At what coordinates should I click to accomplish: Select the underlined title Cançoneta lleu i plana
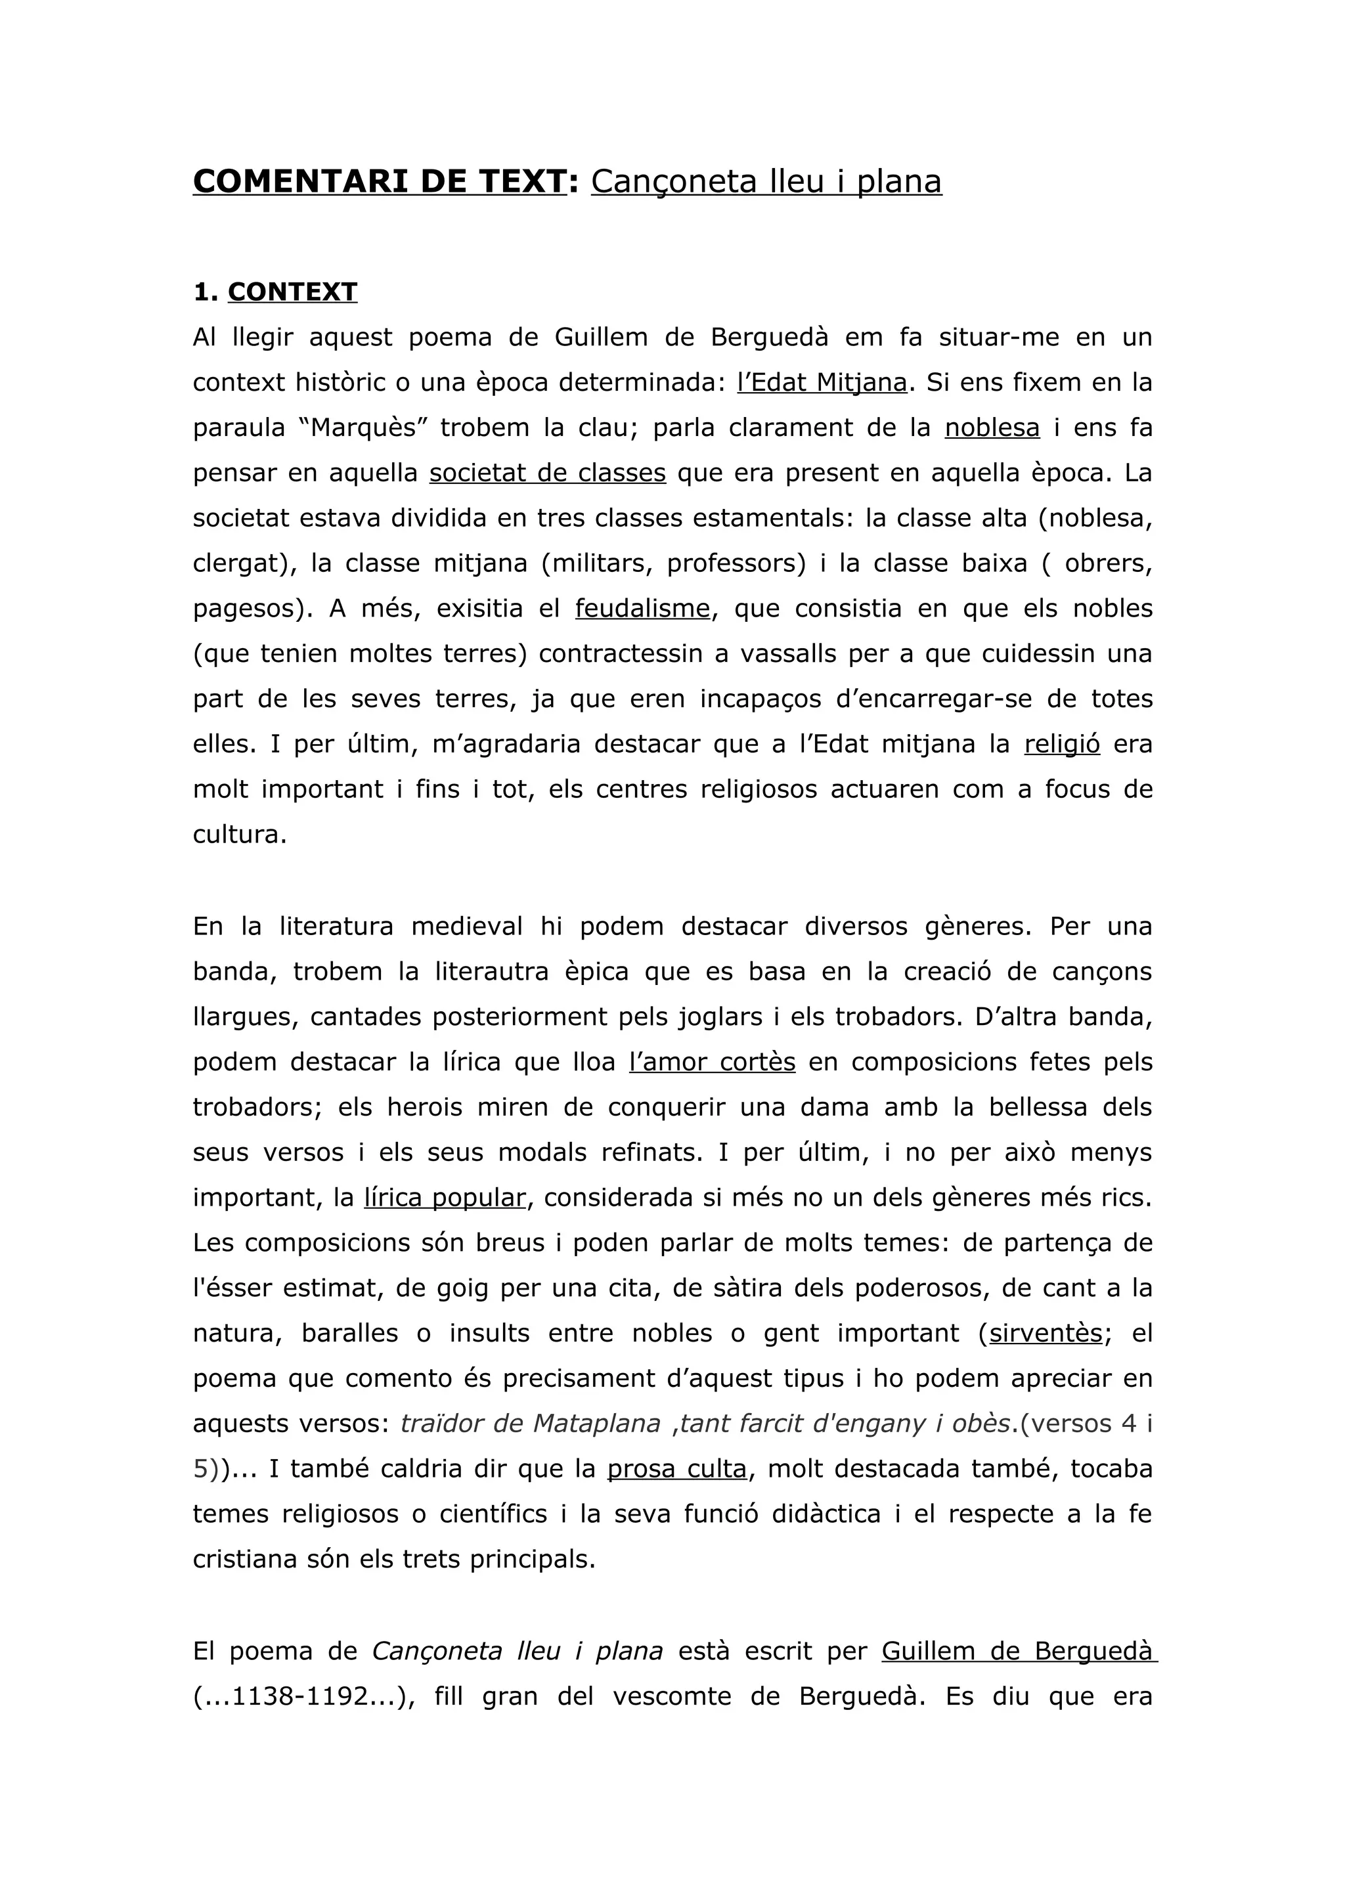(766, 181)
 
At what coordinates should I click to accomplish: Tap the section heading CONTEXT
(292, 292)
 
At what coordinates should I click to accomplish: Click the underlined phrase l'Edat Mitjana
(822, 382)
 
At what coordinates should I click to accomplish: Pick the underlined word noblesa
(992, 427)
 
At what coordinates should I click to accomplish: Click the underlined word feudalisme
(642, 608)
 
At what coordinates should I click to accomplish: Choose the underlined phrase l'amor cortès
(712, 1062)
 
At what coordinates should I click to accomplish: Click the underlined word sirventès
(1045, 1334)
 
